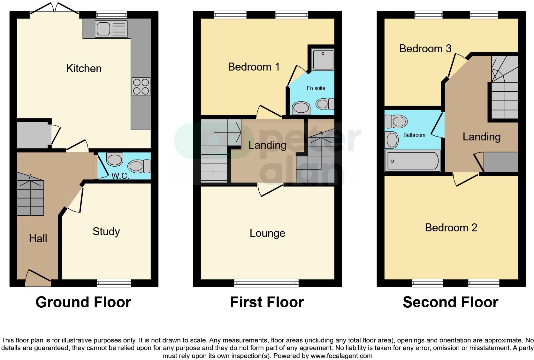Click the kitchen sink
click(111, 29)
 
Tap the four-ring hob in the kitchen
click(141, 86)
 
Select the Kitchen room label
click(84, 68)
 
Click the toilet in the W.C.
click(139, 166)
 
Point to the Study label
click(106, 231)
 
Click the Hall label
click(38, 238)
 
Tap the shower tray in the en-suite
click(323, 59)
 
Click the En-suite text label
click(316, 88)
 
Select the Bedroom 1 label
click(254, 67)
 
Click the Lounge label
click(267, 233)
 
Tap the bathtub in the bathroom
click(412, 161)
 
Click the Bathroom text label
click(414, 135)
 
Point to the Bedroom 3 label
click(425, 49)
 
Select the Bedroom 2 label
click(451, 228)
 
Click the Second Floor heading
click(450, 302)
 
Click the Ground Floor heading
click(83, 302)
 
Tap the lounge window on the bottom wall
click(266, 283)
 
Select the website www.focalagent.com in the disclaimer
click(341, 356)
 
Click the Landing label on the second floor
click(481, 137)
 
